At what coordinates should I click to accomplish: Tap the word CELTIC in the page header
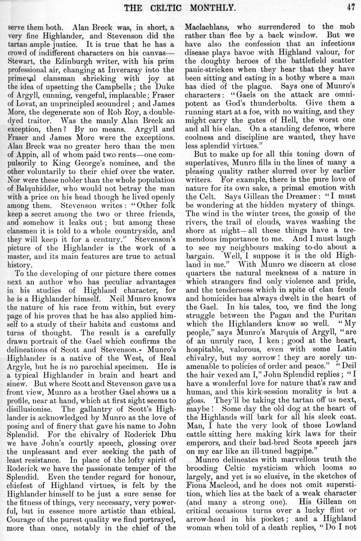click(x=178, y=7)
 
